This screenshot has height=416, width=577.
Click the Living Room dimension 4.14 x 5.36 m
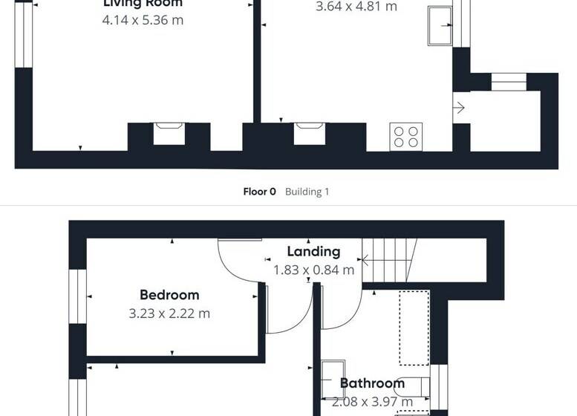click(x=143, y=20)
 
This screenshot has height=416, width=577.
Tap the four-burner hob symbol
click(x=406, y=137)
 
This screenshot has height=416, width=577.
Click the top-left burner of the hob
click(x=400, y=131)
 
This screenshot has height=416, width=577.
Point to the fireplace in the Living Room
click(x=169, y=133)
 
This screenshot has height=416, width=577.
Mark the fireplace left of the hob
click(x=310, y=133)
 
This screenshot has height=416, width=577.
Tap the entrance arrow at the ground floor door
click(x=459, y=108)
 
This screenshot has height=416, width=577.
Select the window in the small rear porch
click(x=509, y=81)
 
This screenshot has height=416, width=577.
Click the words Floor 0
click(x=259, y=192)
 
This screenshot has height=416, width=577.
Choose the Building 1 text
click(x=307, y=192)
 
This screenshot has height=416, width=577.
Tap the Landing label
click(x=313, y=252)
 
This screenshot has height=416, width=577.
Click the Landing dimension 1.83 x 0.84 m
click(x=313, y=270)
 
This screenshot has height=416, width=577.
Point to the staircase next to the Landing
click(x=389, y=257)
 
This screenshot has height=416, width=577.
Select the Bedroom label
click(x=169, y=295)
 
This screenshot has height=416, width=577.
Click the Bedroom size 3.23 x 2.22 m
click(x=169, y=313)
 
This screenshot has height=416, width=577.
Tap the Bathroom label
click(x=372, y=383)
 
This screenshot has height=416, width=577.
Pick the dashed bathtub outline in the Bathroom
click(x=414, y=327)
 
